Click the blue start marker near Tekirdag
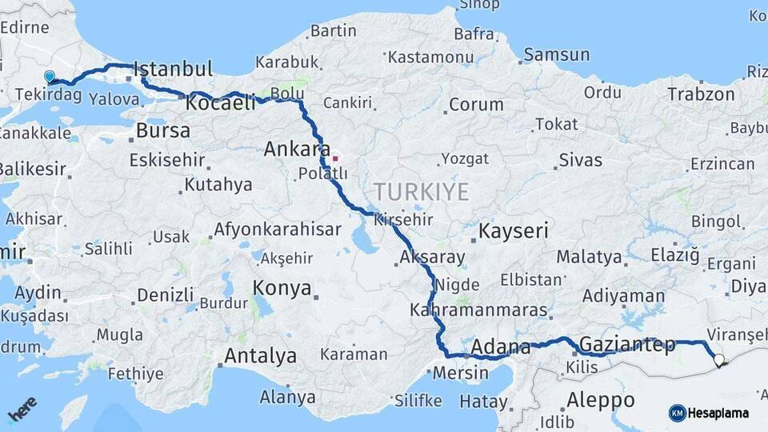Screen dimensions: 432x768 tap(50, 77)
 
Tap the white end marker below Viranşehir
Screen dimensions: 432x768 tap(718, 360)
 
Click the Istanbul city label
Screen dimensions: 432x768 tap(173, 69)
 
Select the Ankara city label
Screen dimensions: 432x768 tap(297, 150)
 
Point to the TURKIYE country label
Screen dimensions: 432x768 tap(421, 191)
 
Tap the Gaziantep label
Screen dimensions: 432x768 tap(626, 345)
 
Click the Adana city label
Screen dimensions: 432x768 tap(501, 347)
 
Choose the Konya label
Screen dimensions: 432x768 tap(282, 289)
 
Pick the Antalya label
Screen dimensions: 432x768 tap(260, 356)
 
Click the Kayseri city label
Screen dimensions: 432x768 tap(514, 232)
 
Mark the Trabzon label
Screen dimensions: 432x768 tap(701, 94)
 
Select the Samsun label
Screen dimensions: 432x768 tap(558, 55)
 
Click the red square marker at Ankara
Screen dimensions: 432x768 tap(335, 158)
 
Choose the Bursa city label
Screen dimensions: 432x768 tap(163, 130)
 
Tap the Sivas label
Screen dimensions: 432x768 tap(580, 160)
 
